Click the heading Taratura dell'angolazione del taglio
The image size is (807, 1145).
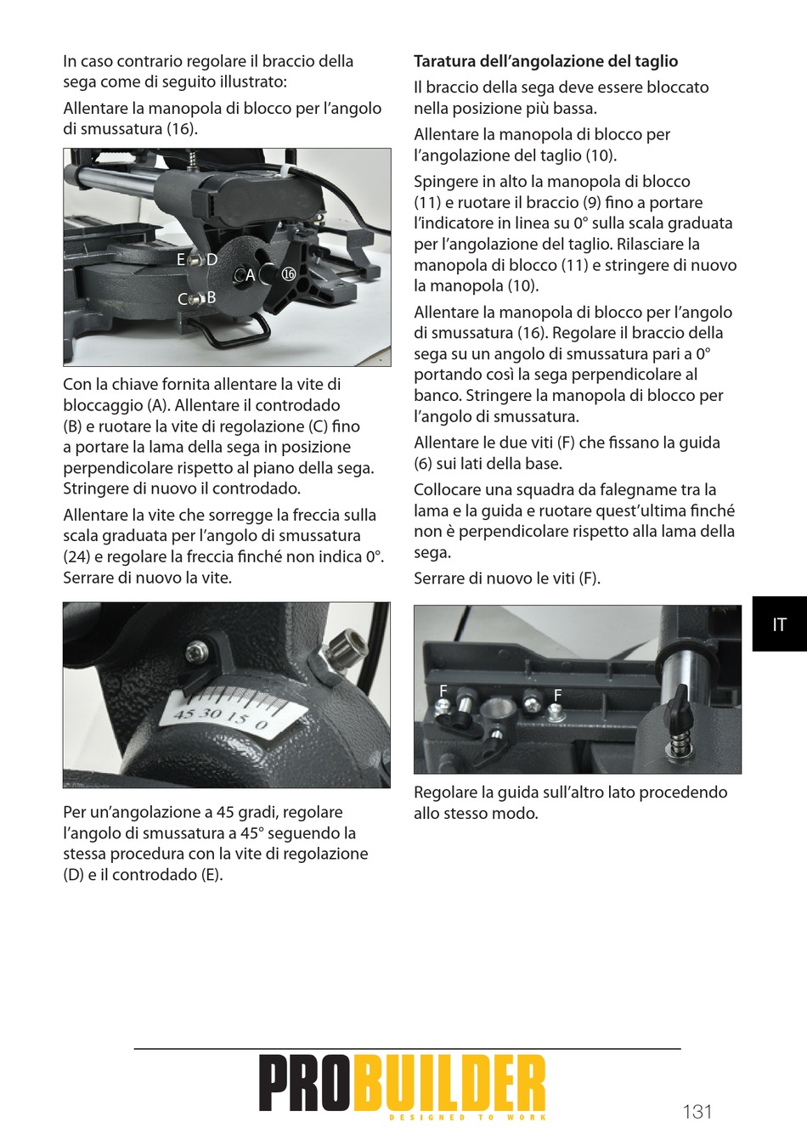pyautogui.click(x=545, y=61)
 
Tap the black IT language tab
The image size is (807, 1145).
pyautogui.click(x=780, y=624)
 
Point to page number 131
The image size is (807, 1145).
pyautogui.click(x=697, y=1111)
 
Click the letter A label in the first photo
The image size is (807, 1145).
pyautogui.click(x=250, y=275)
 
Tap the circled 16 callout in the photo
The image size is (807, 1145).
pyautogui.click(x=289, y=274)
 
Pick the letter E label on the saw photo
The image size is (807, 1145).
pyautogui.click(x=181, y=260)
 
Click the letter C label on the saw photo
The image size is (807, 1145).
pyautogui.click(x=183, y=299)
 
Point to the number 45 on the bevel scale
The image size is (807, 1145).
pyautogui.click(x=183, y=714)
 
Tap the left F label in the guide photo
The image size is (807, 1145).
pyautogui.click(x=443, y=691)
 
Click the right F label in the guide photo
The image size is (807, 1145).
pyautogui.click(x=557, y=695)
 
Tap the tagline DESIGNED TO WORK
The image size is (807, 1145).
pyautogui.click(x=467, y=1117)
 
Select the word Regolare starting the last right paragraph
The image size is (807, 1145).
pyautogui.click(x=446, y=792)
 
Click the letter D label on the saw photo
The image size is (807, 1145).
pyautogui.click(x=212, y=260)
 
